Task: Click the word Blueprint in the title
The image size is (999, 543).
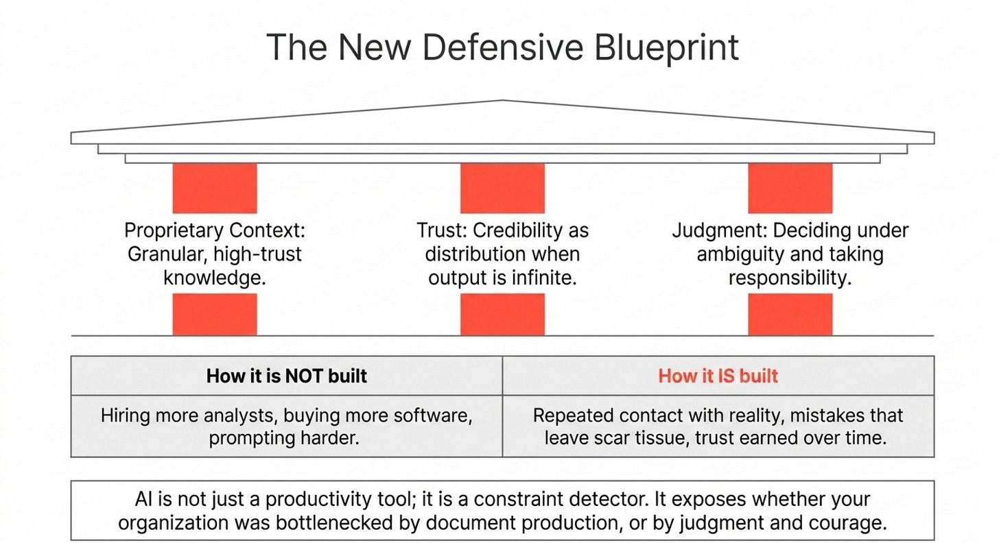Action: (666, 48)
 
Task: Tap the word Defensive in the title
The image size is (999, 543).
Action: (503, 47)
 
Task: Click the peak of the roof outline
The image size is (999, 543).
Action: (503, 100)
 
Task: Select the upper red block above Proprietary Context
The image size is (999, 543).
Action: (215, 188)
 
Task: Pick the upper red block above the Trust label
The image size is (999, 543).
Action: (503, 188)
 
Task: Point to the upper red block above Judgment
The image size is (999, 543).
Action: (790, 188)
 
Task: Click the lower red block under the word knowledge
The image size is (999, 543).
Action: (215, 314)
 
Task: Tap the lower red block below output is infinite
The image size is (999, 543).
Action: (503, 314)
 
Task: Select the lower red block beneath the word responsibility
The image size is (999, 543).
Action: (790, 314)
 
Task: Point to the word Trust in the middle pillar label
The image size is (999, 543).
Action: (442, 230)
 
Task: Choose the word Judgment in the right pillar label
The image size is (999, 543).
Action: (720, 231)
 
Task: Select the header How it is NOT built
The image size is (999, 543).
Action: (286, 376)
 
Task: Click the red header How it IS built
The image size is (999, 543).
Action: (718, 376)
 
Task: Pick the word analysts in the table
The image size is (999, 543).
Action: (241, 416)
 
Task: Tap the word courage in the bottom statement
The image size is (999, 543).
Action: (849, 523)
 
